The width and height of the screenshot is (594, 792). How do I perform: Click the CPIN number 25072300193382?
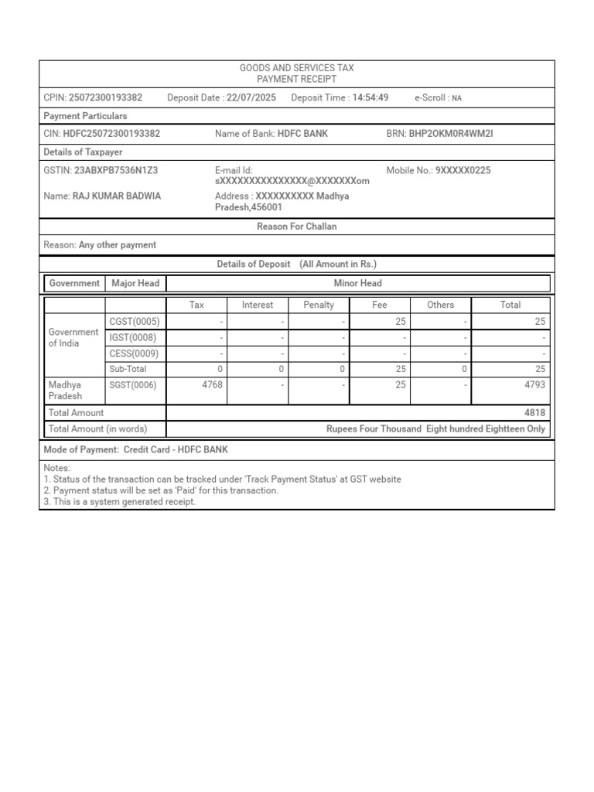click(x=105, y=97)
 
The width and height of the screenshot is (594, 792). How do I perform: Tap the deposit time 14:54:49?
click(x=370, y=97)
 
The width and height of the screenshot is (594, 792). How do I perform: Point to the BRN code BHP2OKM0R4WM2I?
click(x=450, y=134)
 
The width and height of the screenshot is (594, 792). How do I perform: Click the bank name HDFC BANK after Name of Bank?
click(x=302, y=134)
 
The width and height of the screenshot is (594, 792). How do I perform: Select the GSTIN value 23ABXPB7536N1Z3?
click(x=116, y=170)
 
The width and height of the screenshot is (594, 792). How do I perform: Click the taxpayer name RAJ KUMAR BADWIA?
click(x=117, y=196)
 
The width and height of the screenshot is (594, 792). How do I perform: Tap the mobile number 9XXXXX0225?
click(x=463, y=170)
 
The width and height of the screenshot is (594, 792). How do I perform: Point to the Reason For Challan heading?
click(x=297, y=227)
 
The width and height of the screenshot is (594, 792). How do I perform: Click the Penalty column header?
click(x=319, y=305)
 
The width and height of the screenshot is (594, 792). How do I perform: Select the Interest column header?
click(x=258, y=305)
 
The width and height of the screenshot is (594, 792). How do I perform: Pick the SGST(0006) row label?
click(x=134, y=385)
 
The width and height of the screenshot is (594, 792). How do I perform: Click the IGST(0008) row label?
click(x=134, y=337)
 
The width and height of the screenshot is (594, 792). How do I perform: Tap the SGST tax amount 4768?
click(x=212, y=385)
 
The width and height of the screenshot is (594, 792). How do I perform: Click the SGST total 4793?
click(x=534, y=385)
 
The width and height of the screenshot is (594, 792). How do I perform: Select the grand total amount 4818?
click(x=534, y=413)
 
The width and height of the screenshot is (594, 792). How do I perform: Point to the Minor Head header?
click(x=358, y=283)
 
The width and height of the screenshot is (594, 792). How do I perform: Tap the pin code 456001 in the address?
click(x=267, y=207)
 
